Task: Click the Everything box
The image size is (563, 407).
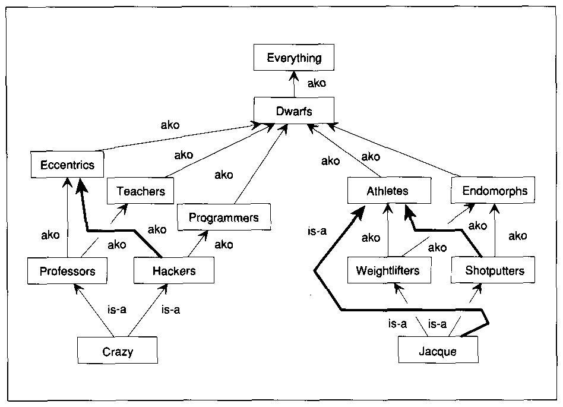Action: click(x=294, y=58)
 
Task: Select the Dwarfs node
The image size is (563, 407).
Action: click(x=294, y=111)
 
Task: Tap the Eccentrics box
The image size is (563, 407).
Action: click(x=67, y=165)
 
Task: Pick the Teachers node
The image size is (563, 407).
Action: click(x=141, y=191)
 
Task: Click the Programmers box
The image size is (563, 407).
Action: click(x=224, y=217)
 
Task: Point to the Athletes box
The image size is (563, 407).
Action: click(x=387, y=191)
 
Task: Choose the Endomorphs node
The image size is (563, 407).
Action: click(x=495, y=191)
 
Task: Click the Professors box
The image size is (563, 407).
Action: click(x=67, y=272)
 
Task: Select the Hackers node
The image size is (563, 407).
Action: click(x=174, y=272)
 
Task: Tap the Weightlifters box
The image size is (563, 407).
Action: click(x=388, y=271)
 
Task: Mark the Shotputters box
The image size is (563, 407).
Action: click(x=495, y=271)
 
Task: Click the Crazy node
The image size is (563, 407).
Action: click(x=118, y=351)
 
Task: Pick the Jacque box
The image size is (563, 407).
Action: click(x=438, y=351)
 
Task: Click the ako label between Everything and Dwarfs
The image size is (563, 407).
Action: click(x=317, y=83)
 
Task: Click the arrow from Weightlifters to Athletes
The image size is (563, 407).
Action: click(x=388, y=232)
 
